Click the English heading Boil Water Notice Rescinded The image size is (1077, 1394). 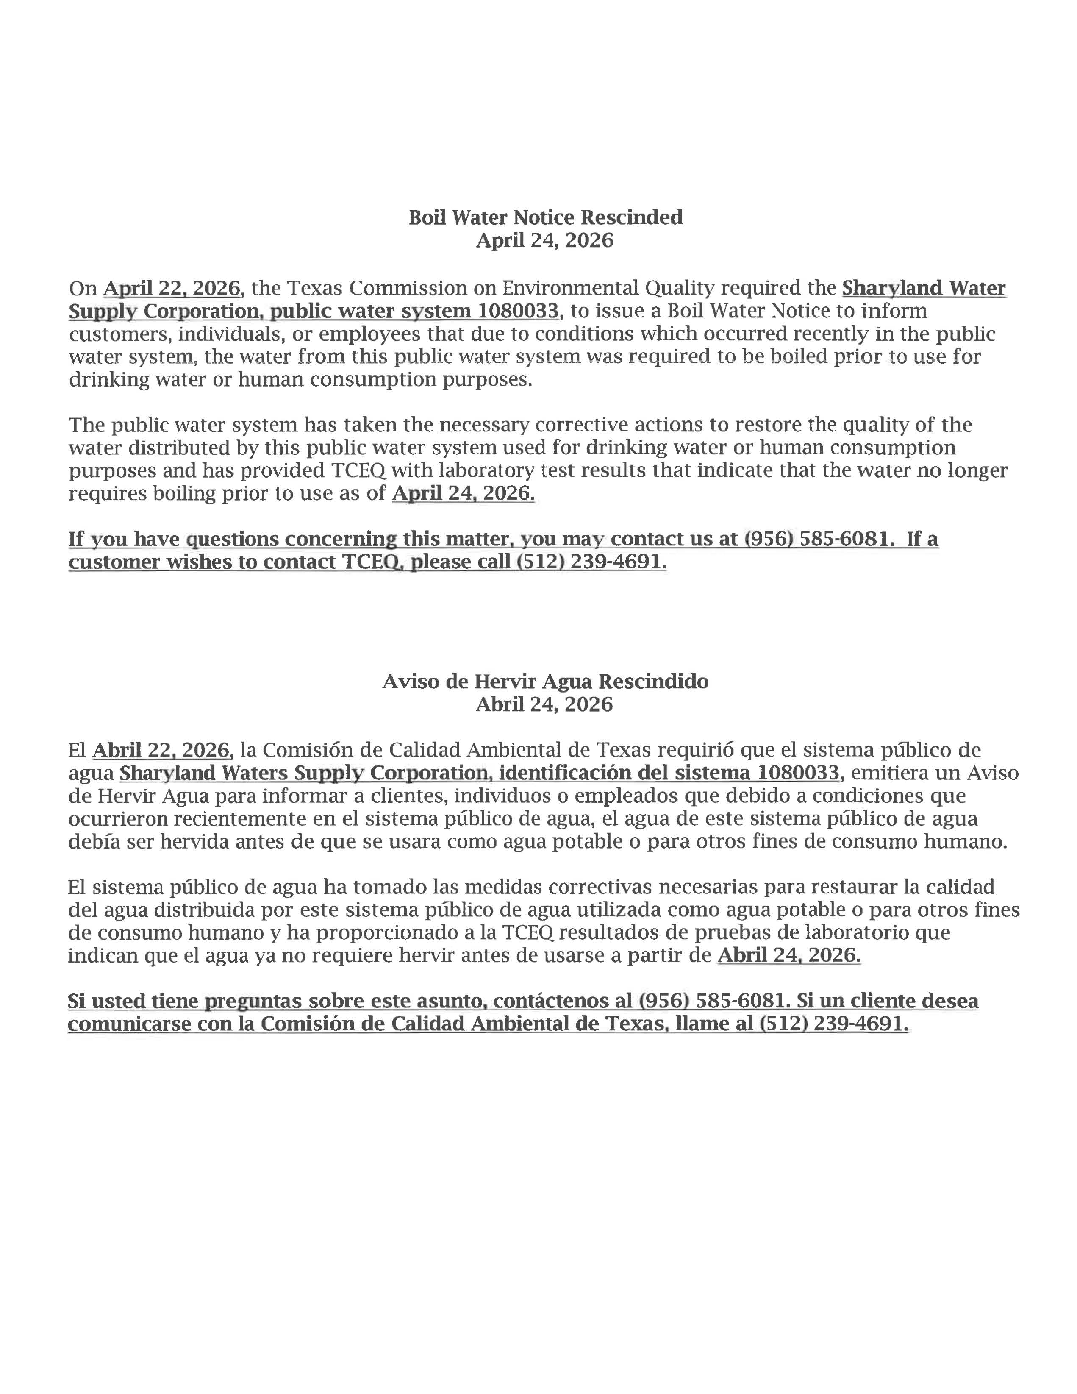point(546,218)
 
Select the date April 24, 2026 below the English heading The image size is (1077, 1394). point(545,241)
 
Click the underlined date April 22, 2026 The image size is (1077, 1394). point(172,289)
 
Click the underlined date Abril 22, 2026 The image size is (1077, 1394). point(161,750)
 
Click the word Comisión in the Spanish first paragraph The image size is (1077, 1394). point(303,750)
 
